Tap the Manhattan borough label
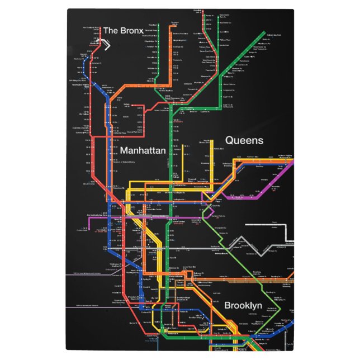click(143, 151)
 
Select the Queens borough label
click(244, 140)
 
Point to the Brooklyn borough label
click(243, 306)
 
